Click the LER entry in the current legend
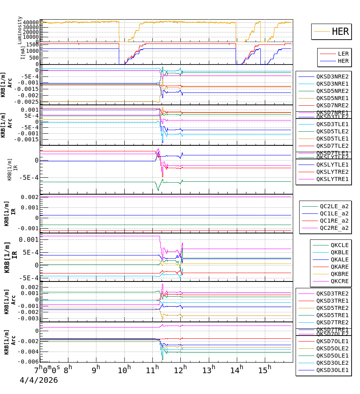(343, 54)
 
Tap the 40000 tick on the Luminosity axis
(31, 22)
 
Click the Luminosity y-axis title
(20, 30)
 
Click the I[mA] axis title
(23, 52)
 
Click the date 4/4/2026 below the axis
(39, 380)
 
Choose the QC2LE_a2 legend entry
(334, 207)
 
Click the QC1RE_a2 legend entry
(334, 221)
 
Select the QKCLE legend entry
(340, 245)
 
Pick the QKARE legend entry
(340, 267)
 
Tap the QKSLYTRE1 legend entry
(332, 179)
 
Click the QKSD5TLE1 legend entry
(332, 139)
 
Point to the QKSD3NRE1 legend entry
(332, 84)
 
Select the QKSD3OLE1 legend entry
(332, 370)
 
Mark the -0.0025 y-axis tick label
(26, 102)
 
